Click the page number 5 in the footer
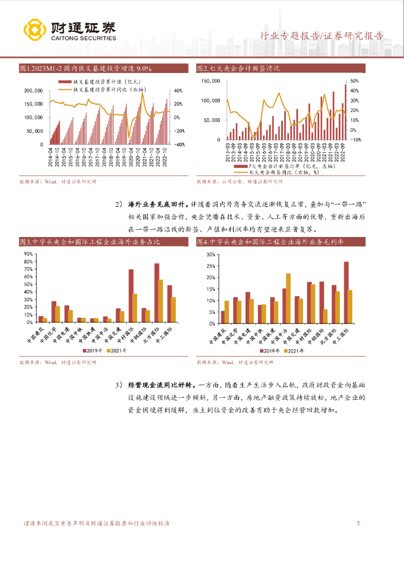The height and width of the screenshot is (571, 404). (358, 523)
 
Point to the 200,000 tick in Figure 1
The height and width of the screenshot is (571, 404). (34, 90)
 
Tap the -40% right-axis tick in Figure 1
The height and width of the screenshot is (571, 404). (180, 144)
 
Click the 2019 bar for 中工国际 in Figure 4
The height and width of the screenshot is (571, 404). (346, 292)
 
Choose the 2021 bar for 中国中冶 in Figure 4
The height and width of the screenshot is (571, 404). (288, 298)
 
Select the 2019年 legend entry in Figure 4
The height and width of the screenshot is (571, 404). (270, 350)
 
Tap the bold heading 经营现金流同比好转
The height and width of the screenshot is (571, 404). (162, 385)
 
